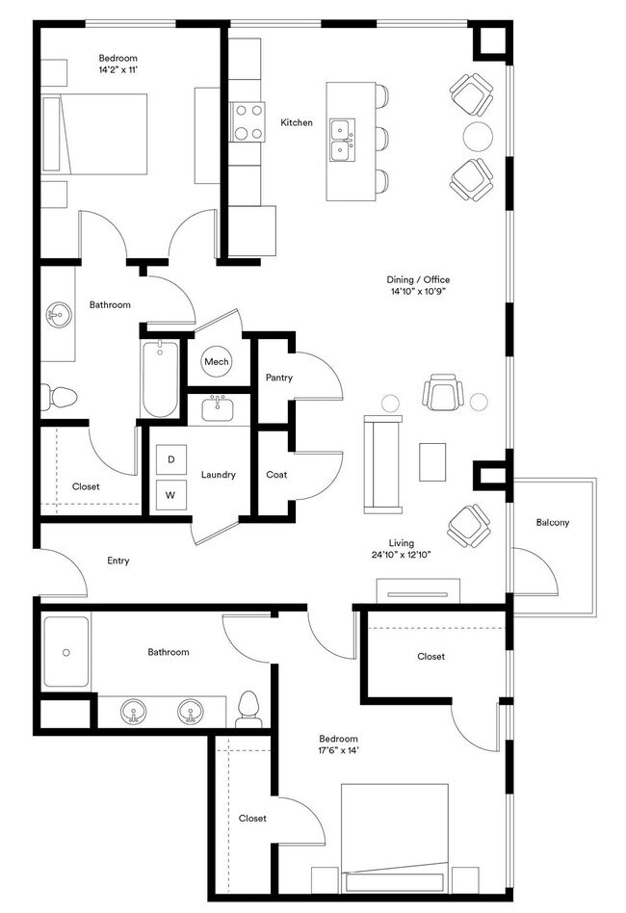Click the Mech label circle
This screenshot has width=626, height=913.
(x=216, y=362)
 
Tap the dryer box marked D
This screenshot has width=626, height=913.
(x=171, y=460)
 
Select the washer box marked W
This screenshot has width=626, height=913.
(x=171, y=495)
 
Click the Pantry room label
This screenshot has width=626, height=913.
(x=279, y=378)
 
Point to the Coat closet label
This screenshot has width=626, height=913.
(x=276, y=475)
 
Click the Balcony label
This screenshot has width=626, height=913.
(x=553, y=523)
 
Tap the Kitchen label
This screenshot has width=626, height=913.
(x=297, y=123)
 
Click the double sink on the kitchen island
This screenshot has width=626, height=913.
(x=340, y=141)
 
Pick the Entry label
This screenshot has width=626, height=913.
(x=118, y=561)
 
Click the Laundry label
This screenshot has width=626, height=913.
(x=219, y=475)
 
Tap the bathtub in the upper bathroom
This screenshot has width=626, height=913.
(x=160, y=379)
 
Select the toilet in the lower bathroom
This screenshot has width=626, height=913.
(x=248, y=708)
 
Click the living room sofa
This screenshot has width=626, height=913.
(x=382, y=463)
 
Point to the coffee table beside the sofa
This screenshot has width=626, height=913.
(x=433, y=462)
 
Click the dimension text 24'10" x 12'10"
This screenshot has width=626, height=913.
(x=415, y=555)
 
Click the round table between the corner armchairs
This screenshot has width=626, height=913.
(x=479, y=136)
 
